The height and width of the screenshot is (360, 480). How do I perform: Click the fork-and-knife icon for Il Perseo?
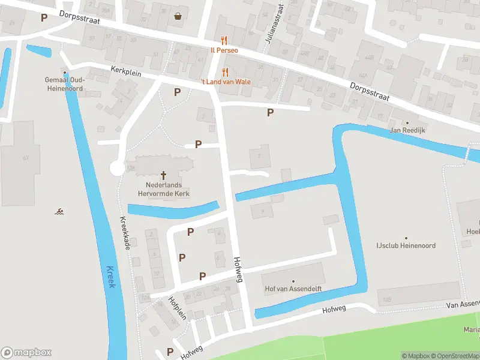(224, 40)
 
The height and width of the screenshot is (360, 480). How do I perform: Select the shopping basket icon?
(178, 16)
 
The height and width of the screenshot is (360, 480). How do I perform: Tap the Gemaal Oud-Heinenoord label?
(65, 84)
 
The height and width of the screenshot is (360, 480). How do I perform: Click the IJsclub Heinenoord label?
(406, 245)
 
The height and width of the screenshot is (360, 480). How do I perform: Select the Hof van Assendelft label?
(293, 289)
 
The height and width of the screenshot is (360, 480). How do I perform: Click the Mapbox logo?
(26, 353)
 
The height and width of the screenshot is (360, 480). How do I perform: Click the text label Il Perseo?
(224, 50)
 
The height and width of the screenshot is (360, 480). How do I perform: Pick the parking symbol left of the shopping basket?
(44, 17)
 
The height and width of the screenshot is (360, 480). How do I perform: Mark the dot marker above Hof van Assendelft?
(293, 281)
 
